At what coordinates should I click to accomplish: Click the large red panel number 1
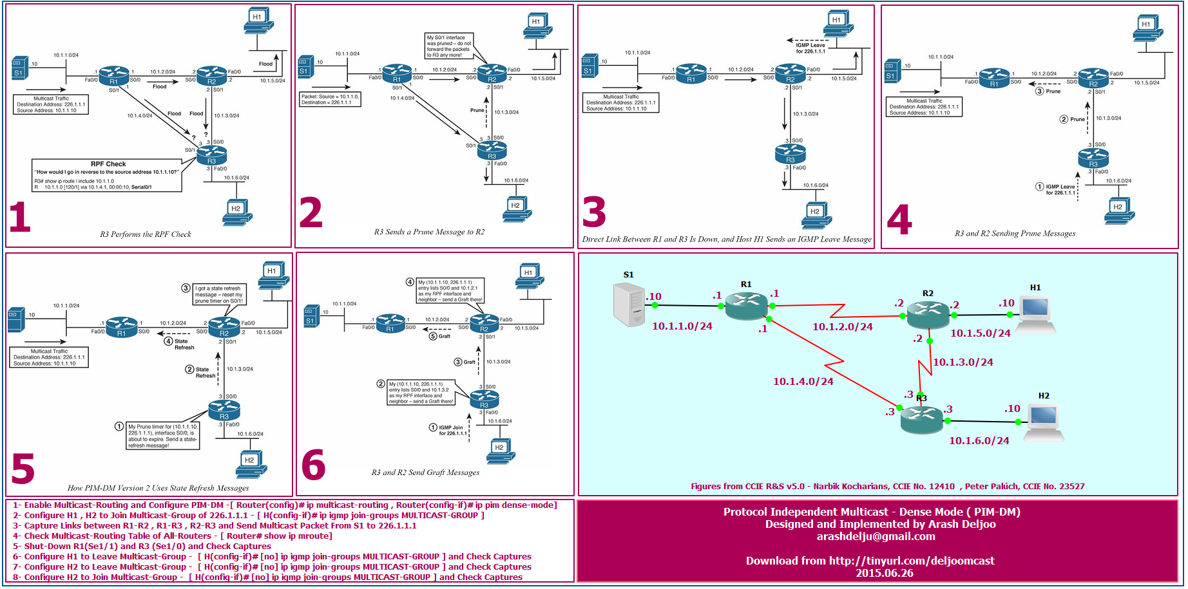click(20, 217)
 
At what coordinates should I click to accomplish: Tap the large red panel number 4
click(899, 220)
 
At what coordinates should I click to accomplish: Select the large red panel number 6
click(314, 465)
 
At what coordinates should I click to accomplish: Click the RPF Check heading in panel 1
click(108, 164)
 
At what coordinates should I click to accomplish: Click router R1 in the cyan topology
click(746, 304)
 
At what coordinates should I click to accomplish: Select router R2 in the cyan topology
click(928, 314)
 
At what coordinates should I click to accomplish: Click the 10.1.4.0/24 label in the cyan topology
click(803, 382)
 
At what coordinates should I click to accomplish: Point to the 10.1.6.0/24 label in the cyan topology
click(979, 441)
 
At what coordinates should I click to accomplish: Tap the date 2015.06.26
click(884, 573)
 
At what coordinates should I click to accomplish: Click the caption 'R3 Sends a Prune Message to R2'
click(429, 232)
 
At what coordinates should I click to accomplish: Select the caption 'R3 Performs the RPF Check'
click(145, 234)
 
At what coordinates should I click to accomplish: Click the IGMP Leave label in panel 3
click(810, 48)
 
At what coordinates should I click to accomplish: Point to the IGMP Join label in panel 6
click(452, 430)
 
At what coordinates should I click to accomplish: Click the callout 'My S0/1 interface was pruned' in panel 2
click(449, 46)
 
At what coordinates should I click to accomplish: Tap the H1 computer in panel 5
click(273, 275)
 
